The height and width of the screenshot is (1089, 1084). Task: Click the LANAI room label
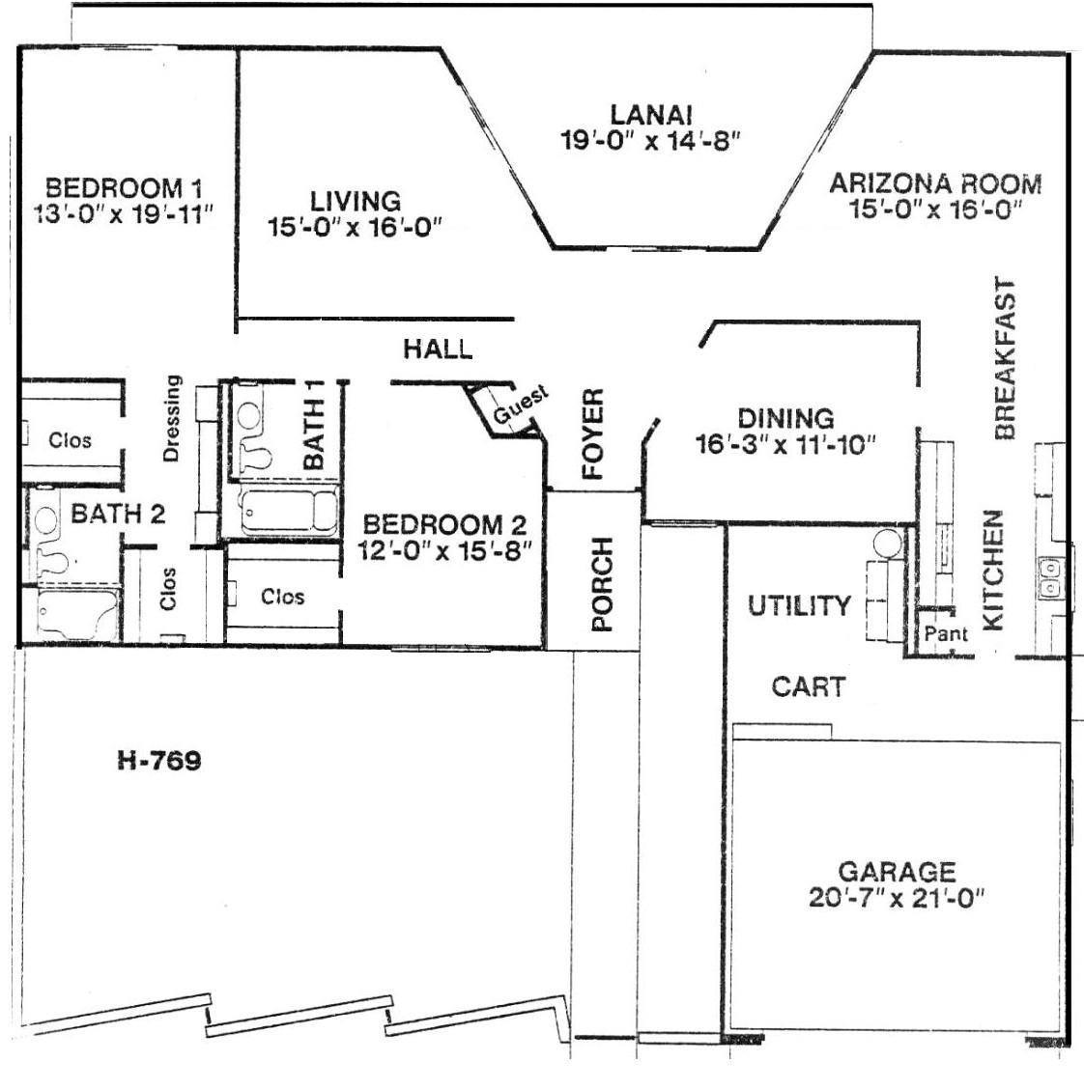pyautogui.click(x=651, y=114)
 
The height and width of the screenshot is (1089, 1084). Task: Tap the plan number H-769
pyautogui.click(x=159, y=761)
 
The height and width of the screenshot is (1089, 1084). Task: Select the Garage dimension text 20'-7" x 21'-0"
pyautogui.click(x=898, y=898)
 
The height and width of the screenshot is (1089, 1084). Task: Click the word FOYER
pyautogui.click(x=593, y=434)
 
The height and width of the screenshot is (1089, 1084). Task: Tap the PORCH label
pyautogui.click(x=602, y=584)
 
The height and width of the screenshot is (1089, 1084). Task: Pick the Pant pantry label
pyautogui.click(x=946, y=633)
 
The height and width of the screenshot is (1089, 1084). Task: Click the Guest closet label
pyautogui.click(x=521, y=406)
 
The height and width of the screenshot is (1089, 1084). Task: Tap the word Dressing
pyautogui.click(x=171, y=418)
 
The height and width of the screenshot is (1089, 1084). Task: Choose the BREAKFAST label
pyautogui.click(x=1005, y=359)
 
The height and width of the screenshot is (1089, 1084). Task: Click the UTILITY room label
pyautogui.click(x=799, y=605)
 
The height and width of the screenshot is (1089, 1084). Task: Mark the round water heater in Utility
pyautogui.click(x=887, y=544)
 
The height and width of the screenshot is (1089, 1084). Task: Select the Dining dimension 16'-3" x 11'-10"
pyautogui.click(x=785, y=445)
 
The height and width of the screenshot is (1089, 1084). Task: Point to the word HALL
pyautogui.click(x=438, y=349)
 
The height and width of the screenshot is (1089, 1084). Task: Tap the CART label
pyautogui.click(x=808, y=686)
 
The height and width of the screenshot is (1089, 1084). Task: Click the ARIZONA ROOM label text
pyautogui.click(x=936, y=184)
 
